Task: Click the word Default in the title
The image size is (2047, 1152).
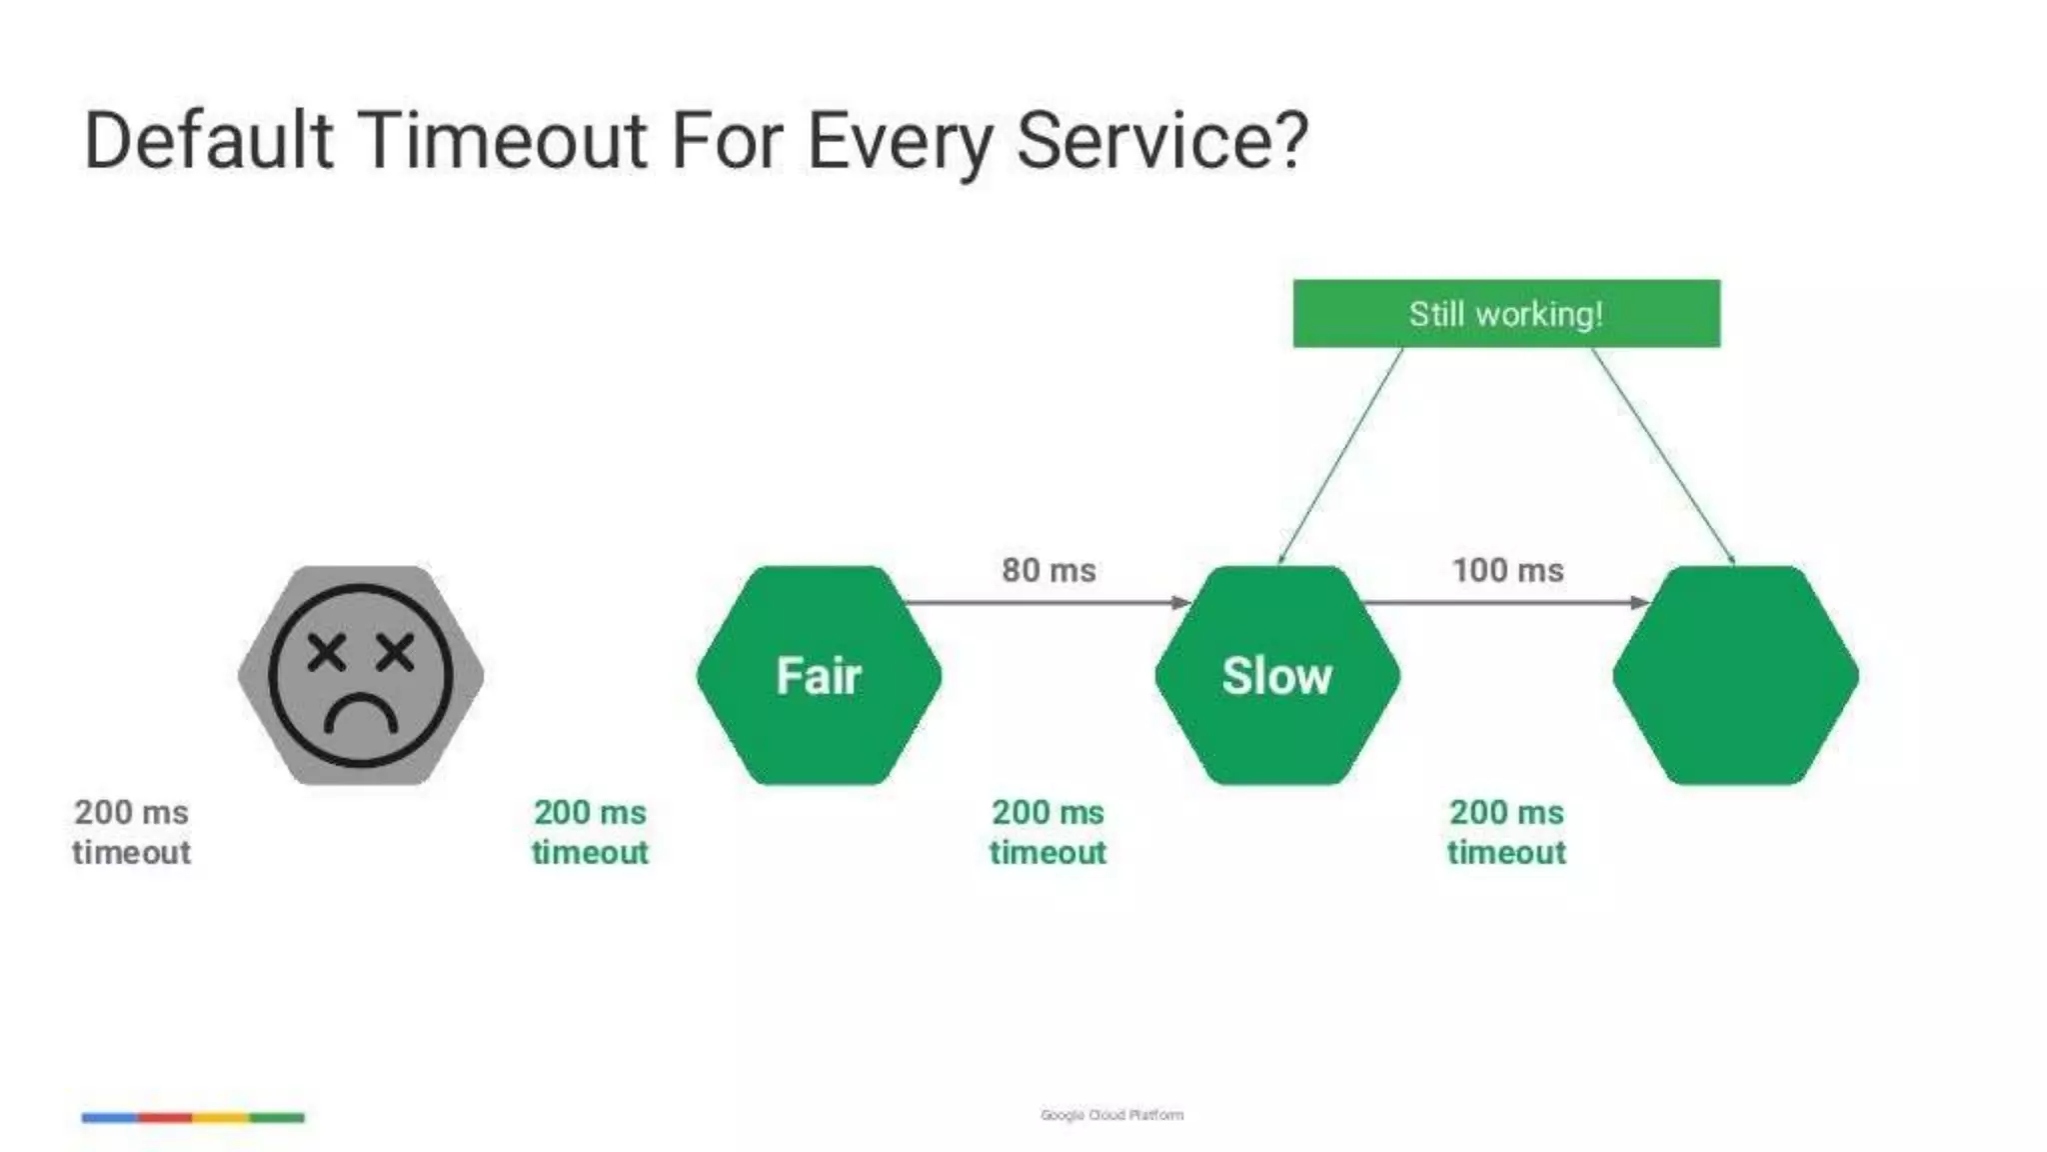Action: pos(208,140)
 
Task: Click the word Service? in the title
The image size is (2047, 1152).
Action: pos(1161,140)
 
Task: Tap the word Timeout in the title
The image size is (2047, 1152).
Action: pos(503,140)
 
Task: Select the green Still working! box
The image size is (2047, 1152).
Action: pos(1506,314)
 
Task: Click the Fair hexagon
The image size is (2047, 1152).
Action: pos(819,676)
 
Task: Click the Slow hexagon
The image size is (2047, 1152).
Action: pos(1276,676)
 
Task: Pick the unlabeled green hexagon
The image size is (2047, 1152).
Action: pos(1735,676)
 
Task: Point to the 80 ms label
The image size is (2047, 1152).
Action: pos(1048,570)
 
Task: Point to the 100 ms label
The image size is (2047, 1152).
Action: pos(1507,570)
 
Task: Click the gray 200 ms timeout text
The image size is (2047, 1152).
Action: pos(131,832)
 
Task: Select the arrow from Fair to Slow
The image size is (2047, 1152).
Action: pos(1044,602)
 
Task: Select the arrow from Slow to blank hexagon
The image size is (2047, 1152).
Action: pos(1504,602)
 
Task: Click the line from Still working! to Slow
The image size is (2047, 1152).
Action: pos(1340,455)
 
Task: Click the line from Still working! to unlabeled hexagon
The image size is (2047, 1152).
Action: pos(1662,455)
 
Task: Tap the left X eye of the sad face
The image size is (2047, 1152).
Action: pos(326,653)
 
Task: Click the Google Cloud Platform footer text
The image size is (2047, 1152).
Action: pos(1111,1114)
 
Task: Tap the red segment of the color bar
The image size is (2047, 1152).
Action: pos(165,1117)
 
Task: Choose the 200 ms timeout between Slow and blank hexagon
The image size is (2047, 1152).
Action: pos(1506,832)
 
